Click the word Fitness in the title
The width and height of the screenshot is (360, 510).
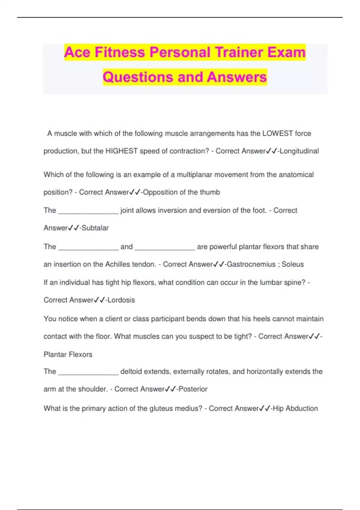(120, 52)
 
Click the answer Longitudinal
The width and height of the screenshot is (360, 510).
(299, 151)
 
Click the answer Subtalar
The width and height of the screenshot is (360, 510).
(95, 228)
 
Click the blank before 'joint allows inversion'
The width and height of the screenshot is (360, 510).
(88, 211)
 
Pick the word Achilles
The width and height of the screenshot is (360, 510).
(118, 264)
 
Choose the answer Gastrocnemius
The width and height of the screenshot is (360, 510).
(251, 264)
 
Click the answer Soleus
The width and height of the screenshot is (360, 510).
(292, 264)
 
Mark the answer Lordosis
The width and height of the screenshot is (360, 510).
(121, 300)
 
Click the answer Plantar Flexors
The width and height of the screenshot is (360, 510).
(68, 355)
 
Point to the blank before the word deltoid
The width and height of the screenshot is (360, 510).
(88, 372)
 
